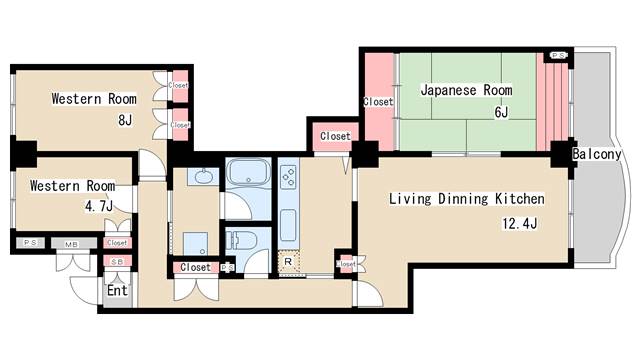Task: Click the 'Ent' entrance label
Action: [x=118, y=291]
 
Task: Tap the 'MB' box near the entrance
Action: [x=72, y=243]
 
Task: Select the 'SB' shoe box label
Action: [x=117, y=262]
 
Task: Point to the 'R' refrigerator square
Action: [x=288, y=263]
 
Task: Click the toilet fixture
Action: [x=239, y=241]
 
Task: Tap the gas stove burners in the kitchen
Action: [x=288, y=178]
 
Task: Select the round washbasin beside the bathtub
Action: [x=200, y=177]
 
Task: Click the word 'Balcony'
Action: [x=597, y=155]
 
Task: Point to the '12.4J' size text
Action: [x=519, y=223]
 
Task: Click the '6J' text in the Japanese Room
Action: [x=501, y=113]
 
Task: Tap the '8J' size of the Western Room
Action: [x=125, y=121]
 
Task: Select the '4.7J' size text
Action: [x=96, y=206]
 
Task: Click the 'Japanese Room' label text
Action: [x=466, y=90]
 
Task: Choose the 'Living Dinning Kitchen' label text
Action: [x=467, y=198]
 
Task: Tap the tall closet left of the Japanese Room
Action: [x=378, y=100]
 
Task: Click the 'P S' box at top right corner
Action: [x=558, y=55]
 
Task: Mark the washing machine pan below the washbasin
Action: [x=195, y=243]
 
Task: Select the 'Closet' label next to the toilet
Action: [x=195, y=267]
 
